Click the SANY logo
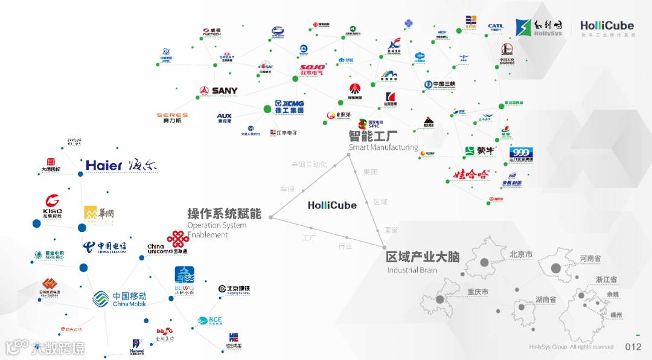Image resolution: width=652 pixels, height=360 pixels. coord(219,91)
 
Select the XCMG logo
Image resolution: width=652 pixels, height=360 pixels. coord(289,107)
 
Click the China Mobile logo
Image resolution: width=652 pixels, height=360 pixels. coord(120,299)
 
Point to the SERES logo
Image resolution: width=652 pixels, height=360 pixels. coord(172,117)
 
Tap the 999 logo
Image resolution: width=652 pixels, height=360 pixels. coord(520,155)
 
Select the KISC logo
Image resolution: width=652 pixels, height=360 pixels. coord(53,205)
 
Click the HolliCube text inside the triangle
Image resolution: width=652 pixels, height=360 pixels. coord(332,205)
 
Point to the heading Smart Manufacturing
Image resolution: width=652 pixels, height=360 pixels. coord(383,147)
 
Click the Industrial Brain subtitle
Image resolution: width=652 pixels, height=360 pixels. coord(412,270)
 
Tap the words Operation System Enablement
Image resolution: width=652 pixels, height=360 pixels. coord(217,230)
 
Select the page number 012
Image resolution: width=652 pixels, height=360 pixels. coord(633,347)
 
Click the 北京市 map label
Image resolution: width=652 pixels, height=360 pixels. coord(521,255)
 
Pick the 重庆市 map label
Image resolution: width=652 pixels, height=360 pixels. coord(478,292)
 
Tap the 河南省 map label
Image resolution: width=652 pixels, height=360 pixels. coord(590,259)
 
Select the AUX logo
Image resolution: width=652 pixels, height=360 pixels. coord(225,118)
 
